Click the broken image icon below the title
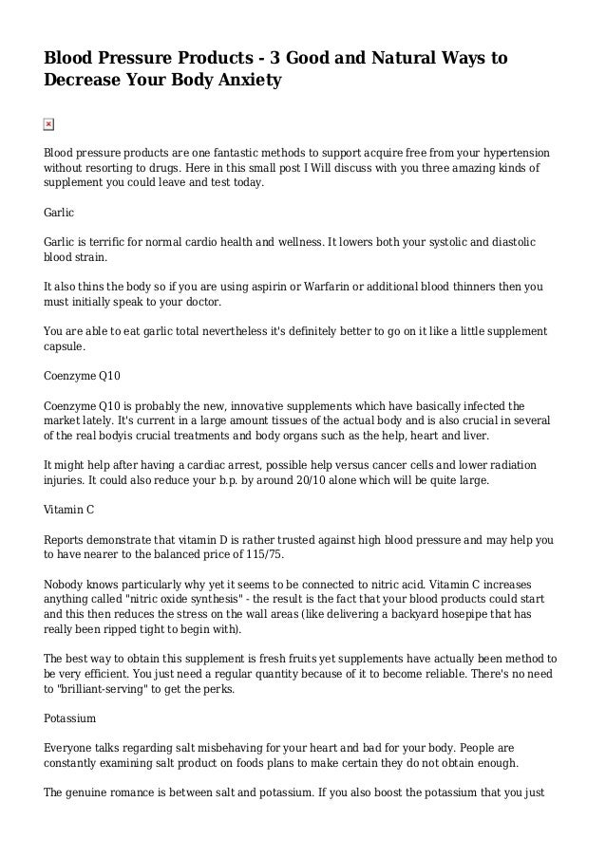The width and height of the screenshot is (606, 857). (x=49, y=124)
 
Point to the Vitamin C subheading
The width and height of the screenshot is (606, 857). (x=69, y=510)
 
